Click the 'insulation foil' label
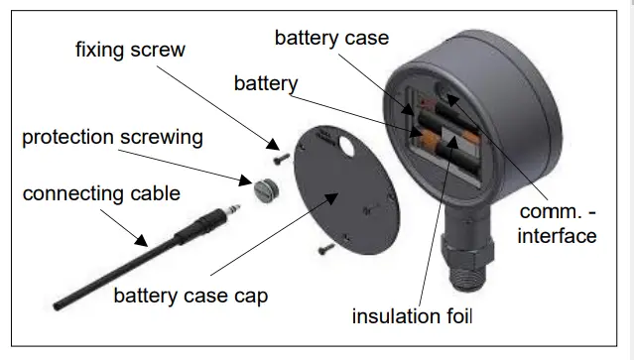pyautogui.click(x=413, y=317)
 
